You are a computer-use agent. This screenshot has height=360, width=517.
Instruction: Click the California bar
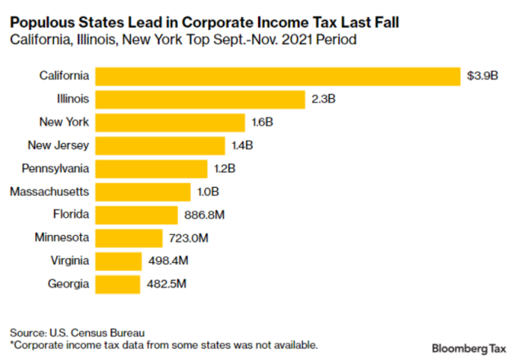click(278, 76)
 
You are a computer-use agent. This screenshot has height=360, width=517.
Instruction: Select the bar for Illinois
click(201, 100)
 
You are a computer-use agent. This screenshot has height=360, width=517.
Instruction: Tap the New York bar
click(171, 122)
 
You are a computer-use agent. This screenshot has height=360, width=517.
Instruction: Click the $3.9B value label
click(482, 76)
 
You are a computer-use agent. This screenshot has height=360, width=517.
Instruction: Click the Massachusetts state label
click(49, 192)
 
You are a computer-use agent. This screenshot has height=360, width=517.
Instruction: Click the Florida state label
click(70, 215)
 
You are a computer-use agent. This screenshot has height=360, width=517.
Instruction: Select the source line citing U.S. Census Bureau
click(77, 332)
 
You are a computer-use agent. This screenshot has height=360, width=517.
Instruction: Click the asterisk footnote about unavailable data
click(163, 344)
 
